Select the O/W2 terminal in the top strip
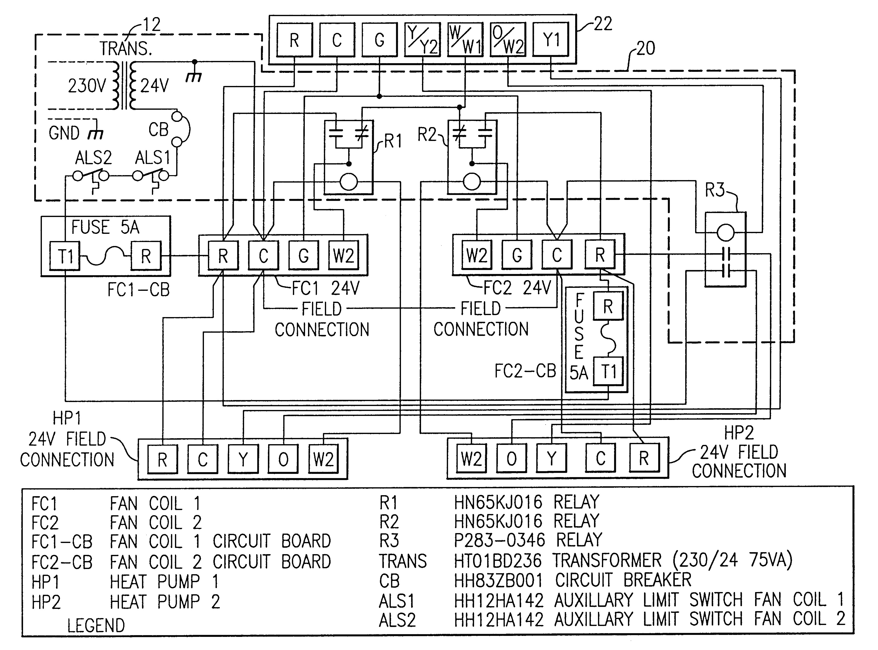tap(508, 39)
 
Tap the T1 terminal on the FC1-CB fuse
tap(65, 256)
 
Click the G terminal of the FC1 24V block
tap(303, 256)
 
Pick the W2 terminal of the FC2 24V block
tap(477, 255)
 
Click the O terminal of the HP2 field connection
tap(512, 458)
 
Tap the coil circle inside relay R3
tap(725, 233)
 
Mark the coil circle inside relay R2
tap(472, 182)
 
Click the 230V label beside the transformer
tap(87, 86)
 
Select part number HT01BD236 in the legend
tap(497, 561)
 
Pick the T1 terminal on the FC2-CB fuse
tap(608, 371)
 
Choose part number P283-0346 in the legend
tap(499, 540)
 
